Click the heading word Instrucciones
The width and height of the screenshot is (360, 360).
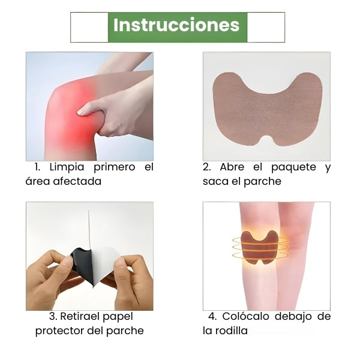[176, 25]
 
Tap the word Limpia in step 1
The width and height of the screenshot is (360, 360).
[67, 167]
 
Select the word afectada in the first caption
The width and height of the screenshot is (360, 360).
[77, 181]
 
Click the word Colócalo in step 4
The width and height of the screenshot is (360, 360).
[245, 316]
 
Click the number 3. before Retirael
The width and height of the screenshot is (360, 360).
[53, 317]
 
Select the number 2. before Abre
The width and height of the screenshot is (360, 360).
[207, 167]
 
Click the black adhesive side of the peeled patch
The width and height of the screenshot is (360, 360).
[82, 264]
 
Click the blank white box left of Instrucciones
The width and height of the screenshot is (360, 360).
[89, 28]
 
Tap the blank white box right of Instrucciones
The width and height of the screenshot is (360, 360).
[266, 28]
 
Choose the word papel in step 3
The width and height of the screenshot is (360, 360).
[118, 317]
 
